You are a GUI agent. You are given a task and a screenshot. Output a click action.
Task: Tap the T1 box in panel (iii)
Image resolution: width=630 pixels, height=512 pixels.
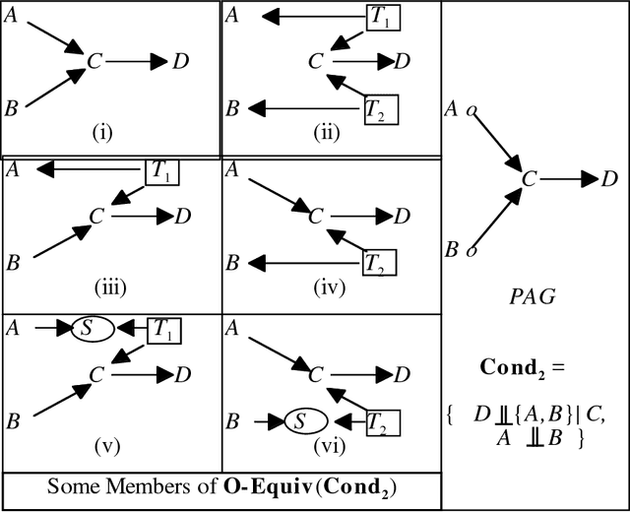(164, 171)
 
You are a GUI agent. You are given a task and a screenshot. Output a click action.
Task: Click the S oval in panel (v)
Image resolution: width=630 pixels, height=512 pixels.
(86, 329)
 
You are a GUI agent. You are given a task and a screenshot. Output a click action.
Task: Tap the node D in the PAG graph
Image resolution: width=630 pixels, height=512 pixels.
(610, 178)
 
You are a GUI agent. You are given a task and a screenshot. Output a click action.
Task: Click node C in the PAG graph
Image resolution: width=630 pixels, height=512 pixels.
(530, 179)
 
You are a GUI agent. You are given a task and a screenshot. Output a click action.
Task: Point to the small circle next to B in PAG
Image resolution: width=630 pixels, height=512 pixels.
(471, 251)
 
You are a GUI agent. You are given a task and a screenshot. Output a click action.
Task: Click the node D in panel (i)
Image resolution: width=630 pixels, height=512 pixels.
(181, 63)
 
